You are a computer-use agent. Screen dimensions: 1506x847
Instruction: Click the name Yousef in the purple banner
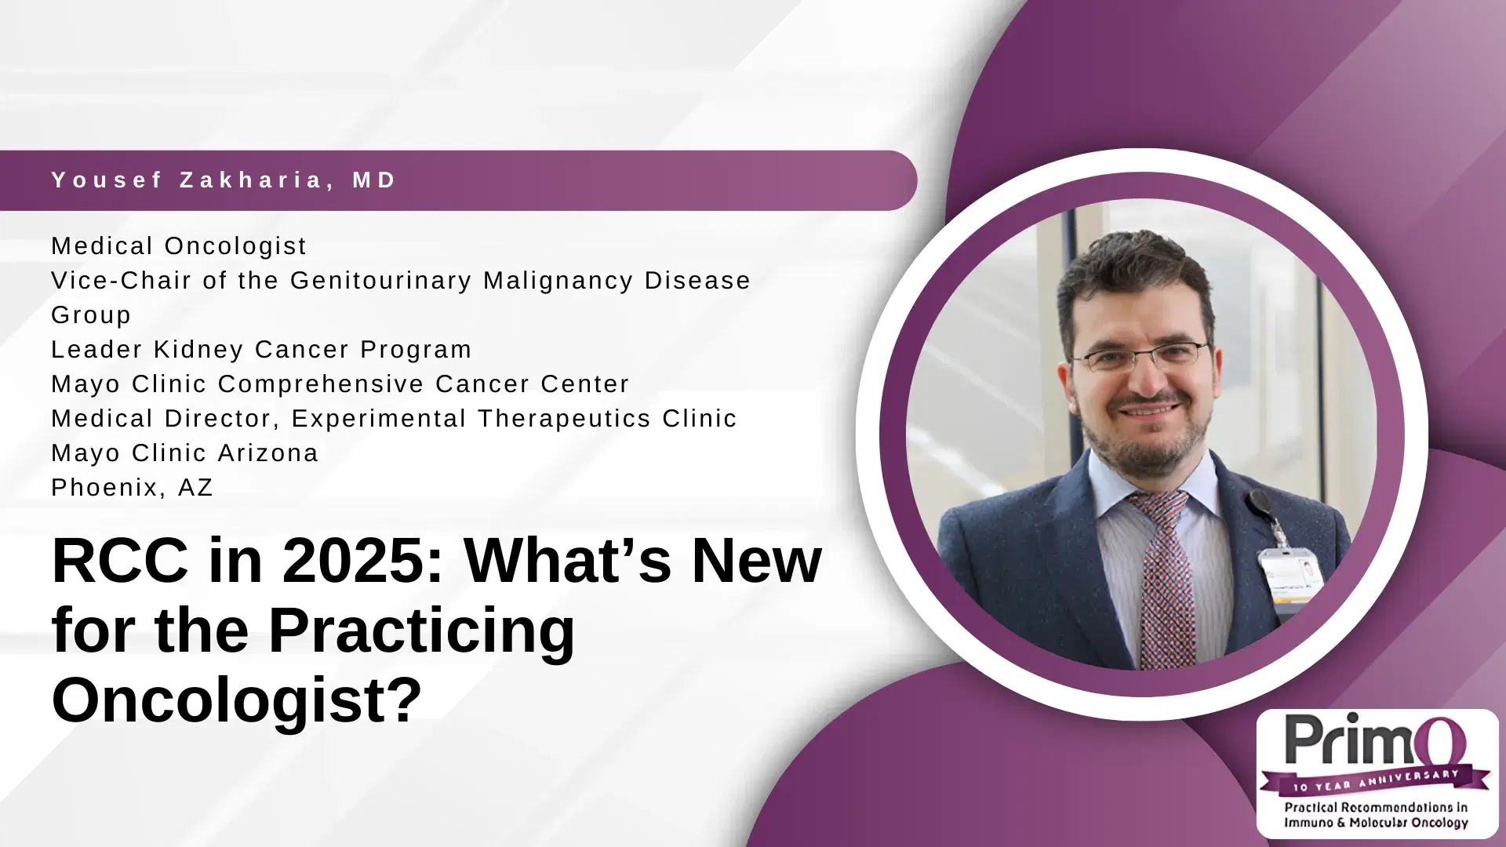[107, 180]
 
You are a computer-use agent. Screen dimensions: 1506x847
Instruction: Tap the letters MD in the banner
[375, 180]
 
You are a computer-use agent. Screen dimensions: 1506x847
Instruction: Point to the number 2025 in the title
[363, 562]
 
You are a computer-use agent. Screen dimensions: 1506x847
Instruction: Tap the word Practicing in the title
[422, 631]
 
